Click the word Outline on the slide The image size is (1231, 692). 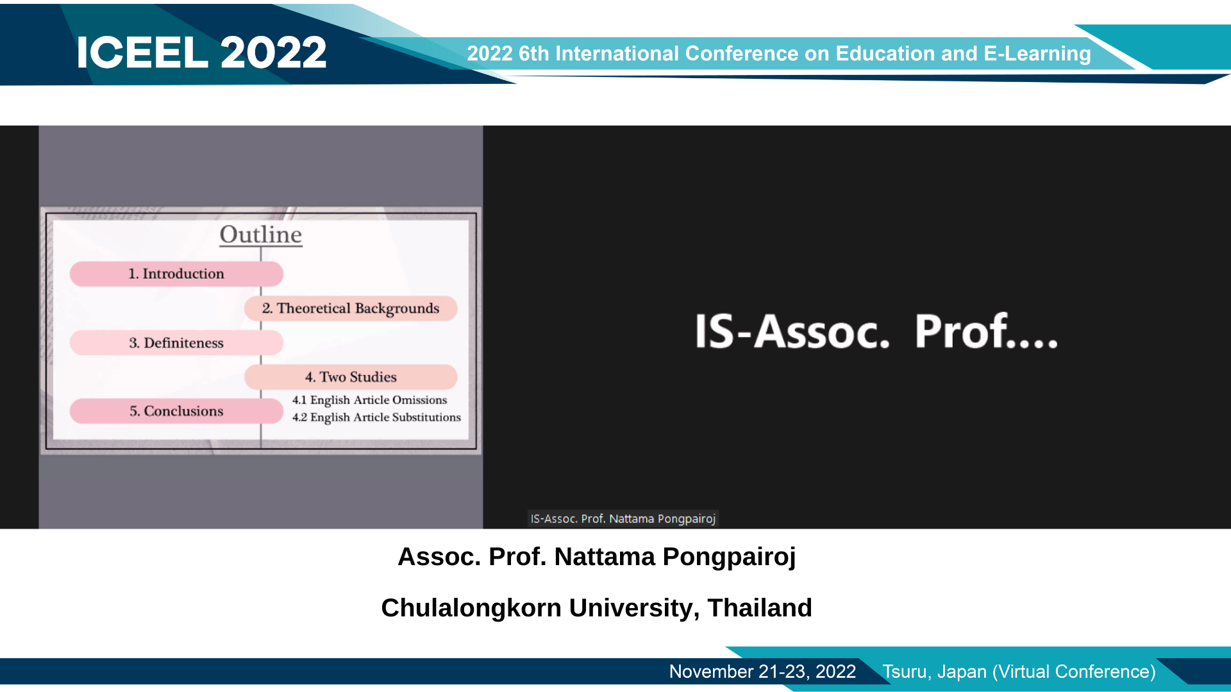[261, 235]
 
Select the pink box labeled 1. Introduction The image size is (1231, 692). [176, 274]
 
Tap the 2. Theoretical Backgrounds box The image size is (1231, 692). [351, 308]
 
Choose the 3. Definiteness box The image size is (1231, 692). [176, 343]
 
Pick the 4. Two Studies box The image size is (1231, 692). [351, 377]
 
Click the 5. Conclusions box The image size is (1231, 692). [176, 411]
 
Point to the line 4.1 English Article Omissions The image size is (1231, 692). [369, 400]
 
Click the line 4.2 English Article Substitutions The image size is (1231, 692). [376, 417]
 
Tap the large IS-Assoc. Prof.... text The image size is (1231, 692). [876, 331]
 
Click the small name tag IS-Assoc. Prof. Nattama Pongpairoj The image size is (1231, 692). [623, 518]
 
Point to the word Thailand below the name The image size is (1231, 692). [760, 607]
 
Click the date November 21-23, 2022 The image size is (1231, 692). [762, 671]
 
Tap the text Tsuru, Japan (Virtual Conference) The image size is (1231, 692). [1019, 671]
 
